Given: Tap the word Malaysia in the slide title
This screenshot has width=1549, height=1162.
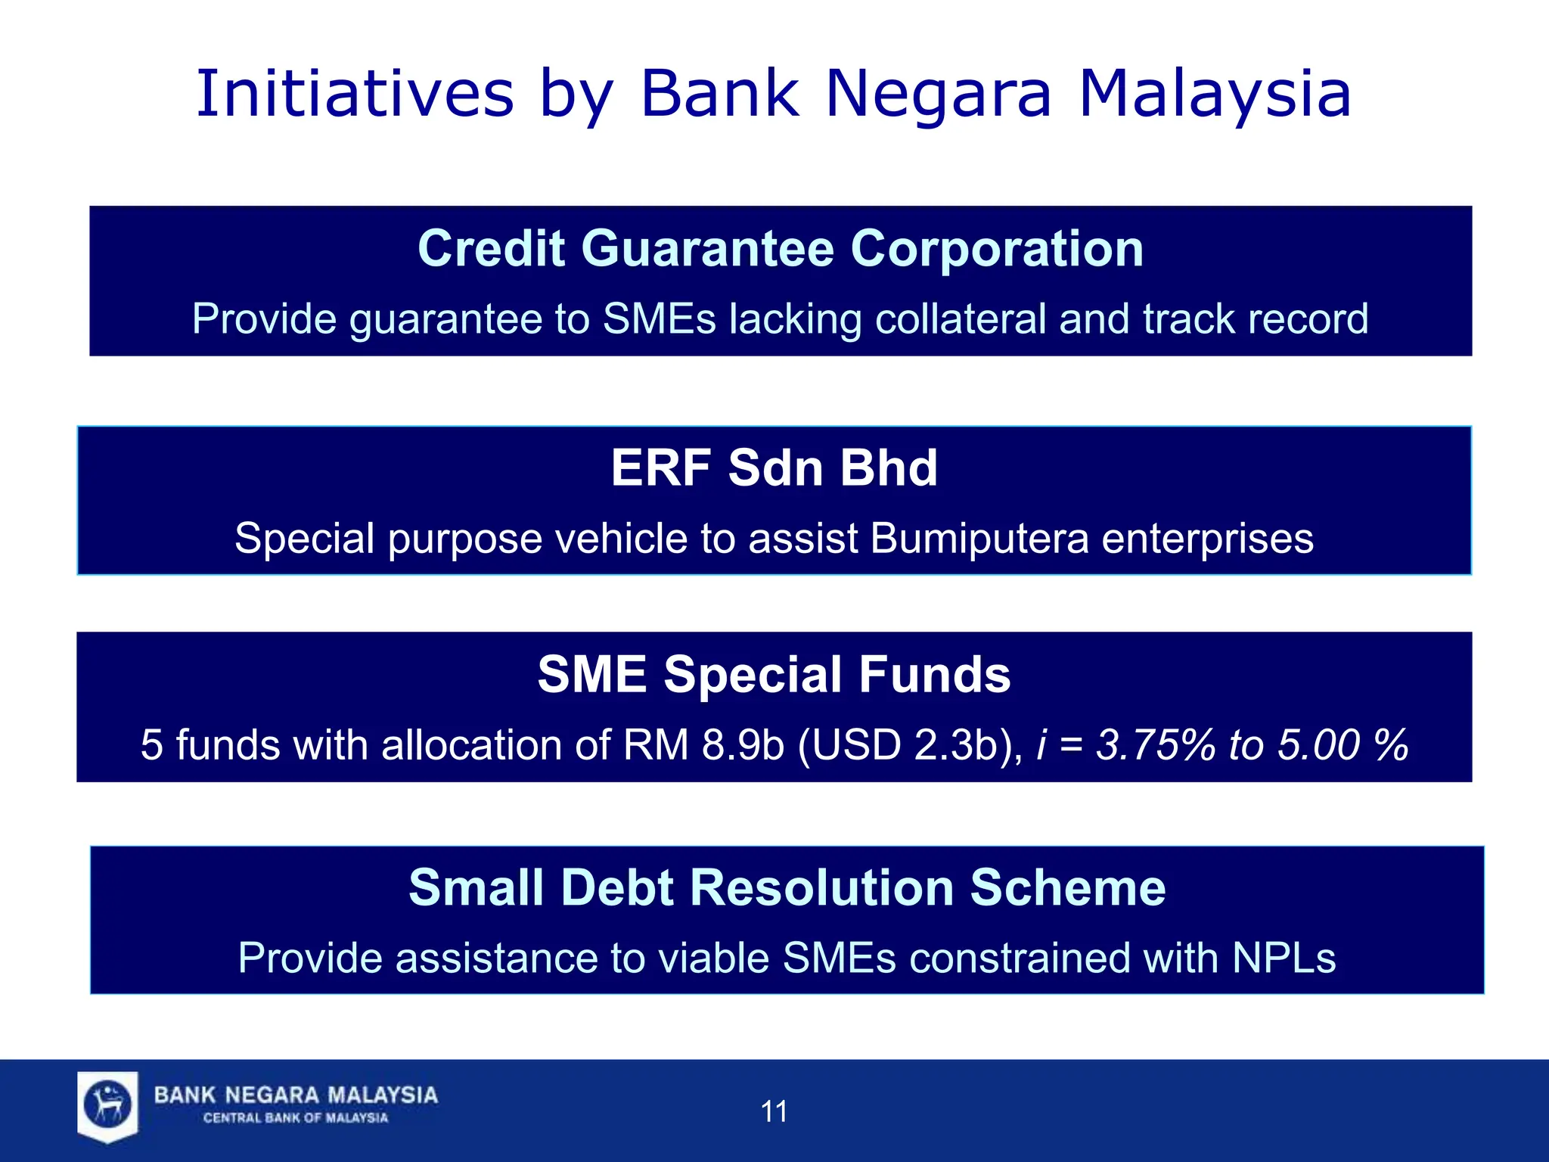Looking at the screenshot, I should pyautogui.click(x=1215, y=95).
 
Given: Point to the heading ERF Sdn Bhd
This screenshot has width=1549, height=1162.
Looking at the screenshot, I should pyautogui.click(x=774, y=468).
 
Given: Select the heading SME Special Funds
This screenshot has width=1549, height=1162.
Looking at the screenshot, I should pyautogui.click(x=774, y=674).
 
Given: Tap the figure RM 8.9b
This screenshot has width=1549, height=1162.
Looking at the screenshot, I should pyautogui.click(x=703, y=745).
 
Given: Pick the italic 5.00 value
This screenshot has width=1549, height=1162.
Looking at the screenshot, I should pyautogui.click(x=1318, y=745).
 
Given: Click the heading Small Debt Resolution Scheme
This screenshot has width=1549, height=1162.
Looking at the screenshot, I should pyautogui.click(x=787, y=887).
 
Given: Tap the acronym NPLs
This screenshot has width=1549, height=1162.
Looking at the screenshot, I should pyautogui.click(x=1284, y=958).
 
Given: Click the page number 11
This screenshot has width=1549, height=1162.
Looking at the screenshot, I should pyautogui.click(x=774, y=1111).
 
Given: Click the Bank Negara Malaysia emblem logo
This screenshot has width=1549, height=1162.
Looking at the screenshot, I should pyautogui.click(x=108, y=1105).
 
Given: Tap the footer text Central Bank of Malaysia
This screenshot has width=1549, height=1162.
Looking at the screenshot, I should pyautogui.click(x=295, y=1118).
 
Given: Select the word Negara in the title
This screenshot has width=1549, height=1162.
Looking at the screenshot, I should pyautogui.click(x=938, y=95).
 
